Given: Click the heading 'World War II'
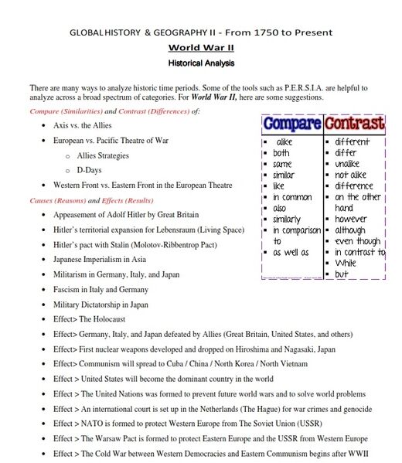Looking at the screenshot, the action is [x=201, y=47].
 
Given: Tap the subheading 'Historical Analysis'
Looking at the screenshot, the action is [x=201, y=63].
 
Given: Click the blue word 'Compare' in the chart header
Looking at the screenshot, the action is [x=292, y=124].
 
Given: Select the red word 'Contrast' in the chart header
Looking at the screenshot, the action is [x=355, y=124].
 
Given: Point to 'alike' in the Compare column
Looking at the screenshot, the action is [x=284, y=142].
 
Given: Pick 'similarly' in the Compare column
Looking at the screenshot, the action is [x=287, y=219].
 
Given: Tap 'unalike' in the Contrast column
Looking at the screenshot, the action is [x=348, y=164].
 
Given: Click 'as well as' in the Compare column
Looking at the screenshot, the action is [x=291, y=252].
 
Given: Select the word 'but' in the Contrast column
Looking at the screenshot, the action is [x=342, y=274].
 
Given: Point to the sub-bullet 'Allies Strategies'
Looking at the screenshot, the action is [x=103, y=155].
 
